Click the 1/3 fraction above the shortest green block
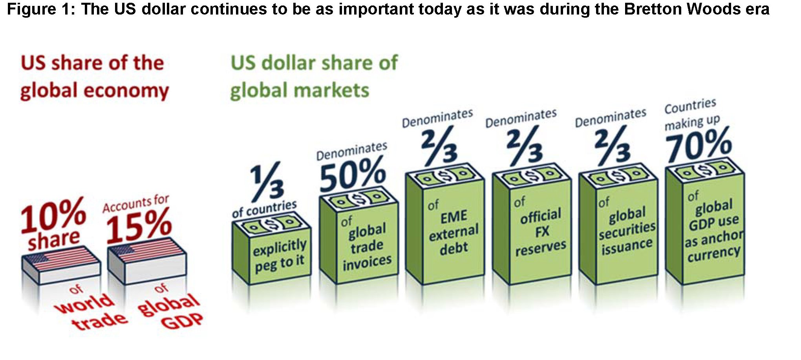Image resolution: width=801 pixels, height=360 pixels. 267,181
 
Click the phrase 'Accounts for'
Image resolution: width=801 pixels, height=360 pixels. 136,204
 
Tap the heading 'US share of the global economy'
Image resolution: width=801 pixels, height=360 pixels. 94,77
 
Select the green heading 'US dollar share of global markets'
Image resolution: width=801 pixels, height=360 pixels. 314,77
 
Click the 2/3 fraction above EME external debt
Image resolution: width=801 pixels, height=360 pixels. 440,144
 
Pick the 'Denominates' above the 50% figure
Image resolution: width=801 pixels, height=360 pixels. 352,151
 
